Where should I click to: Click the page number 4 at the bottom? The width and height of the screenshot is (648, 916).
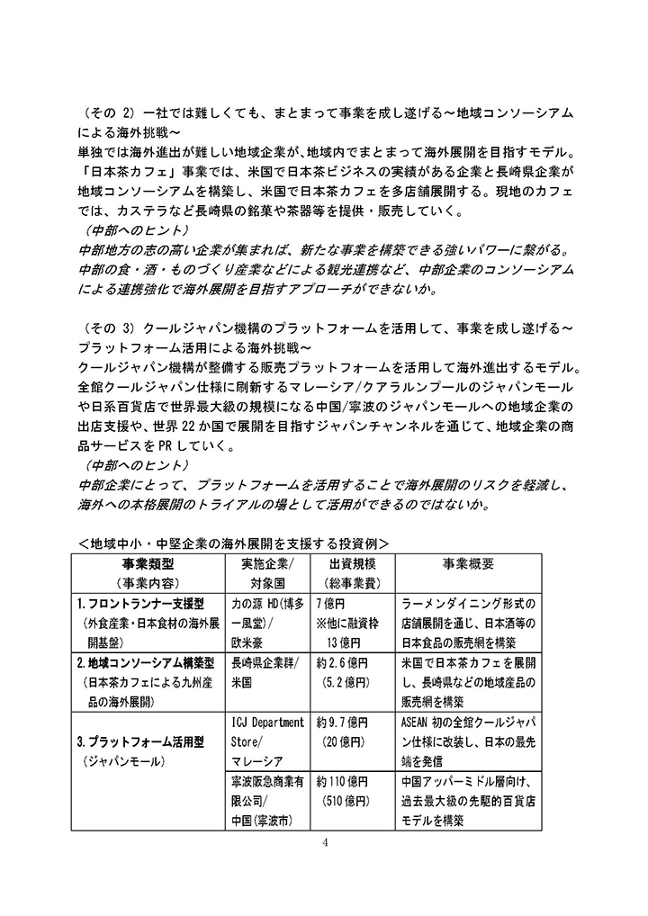tap(326, 842)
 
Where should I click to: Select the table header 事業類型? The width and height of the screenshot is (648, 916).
tap(147, 563)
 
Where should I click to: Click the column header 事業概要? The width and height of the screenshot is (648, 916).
tap(467, 563)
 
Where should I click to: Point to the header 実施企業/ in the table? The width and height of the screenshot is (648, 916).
tap(268, 563)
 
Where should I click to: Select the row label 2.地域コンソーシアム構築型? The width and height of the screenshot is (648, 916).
tap(146, 663)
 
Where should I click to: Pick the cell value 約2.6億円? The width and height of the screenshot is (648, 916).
tap(343, 663)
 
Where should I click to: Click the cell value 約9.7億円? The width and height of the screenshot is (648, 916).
tap(343, 723)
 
